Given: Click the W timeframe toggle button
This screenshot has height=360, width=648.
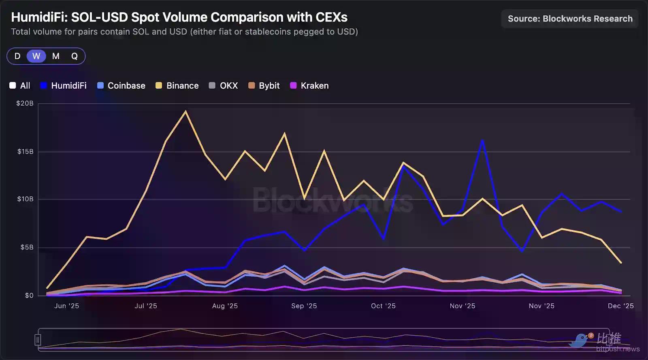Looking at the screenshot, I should (36, 56).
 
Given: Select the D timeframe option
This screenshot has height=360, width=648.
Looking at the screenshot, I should (17, 56).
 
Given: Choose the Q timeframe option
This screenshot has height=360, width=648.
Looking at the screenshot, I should (75, 56).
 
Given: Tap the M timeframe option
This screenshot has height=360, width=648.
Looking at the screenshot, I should (56, 56).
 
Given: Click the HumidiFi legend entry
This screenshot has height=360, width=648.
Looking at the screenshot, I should (64, 85).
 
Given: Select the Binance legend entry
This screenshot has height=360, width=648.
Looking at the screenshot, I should (177, 85).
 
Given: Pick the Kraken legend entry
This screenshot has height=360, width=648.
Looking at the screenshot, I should (310, 85).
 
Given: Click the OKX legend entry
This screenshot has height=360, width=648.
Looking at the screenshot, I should (224, 85).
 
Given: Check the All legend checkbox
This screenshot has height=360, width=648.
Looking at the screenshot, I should (13, 85).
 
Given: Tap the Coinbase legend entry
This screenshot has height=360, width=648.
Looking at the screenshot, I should (122, 85).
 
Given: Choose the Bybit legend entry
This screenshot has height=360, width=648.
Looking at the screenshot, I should (264, 85).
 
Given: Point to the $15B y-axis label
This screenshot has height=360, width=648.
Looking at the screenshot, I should (25, 151).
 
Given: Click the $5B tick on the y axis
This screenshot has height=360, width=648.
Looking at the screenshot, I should (27, 247).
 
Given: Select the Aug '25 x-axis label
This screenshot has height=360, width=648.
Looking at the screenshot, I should (225, 306).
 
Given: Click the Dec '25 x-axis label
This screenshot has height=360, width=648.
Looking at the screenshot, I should (620, 306).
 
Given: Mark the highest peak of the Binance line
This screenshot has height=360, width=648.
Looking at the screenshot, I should (185, 111).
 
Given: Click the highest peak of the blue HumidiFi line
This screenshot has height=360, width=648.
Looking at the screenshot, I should (482, 141).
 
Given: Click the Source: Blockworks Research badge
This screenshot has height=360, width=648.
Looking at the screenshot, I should (570, 19).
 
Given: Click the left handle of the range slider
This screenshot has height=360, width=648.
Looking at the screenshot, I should (38, 339).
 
